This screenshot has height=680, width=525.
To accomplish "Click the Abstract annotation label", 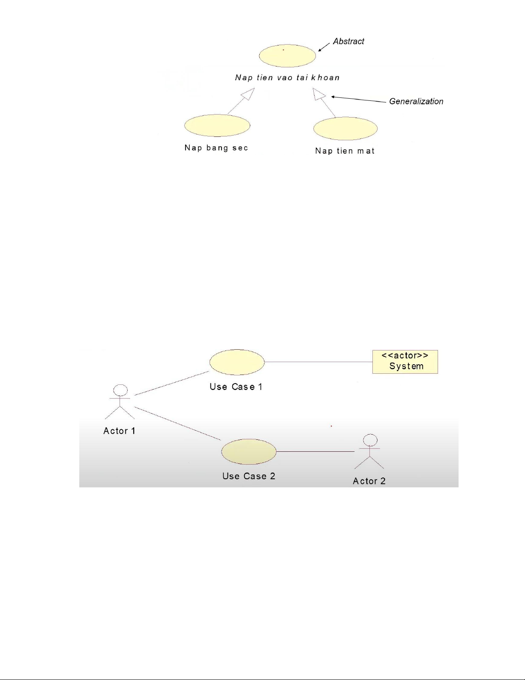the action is [348, 41].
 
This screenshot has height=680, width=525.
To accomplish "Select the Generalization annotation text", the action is [416, 101].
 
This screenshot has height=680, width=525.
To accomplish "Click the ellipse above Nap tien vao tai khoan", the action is [287, 56].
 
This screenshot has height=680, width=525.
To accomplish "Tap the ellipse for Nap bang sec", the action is [217, 125].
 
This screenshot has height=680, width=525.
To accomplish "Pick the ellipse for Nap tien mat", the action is [345, 129].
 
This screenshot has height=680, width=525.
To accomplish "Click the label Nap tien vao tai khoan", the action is [287, 78].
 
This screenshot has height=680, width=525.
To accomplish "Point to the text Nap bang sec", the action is [216, 148].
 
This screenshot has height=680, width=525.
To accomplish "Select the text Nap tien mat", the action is [345, 151].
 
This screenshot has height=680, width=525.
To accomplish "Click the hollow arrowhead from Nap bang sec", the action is [248, 94].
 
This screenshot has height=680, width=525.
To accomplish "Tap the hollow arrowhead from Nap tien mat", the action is [319, 94].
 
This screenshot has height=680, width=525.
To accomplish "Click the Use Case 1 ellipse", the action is [237, 362].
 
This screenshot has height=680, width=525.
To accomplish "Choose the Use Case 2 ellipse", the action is [249, 452].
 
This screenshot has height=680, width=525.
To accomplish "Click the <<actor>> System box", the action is [405, 362].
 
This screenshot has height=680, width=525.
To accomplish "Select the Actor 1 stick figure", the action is [120, 402].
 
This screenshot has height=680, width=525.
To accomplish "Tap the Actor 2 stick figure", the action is [369, 451].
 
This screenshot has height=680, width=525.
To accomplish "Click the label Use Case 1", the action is [236, 387].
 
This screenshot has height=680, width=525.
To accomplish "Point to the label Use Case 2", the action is [249, 476].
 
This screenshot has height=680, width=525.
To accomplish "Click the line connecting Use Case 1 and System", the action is [318, 362].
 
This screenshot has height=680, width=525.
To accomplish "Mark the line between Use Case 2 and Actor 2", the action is [315, 452].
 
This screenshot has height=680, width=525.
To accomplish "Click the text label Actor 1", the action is [120, 431].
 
